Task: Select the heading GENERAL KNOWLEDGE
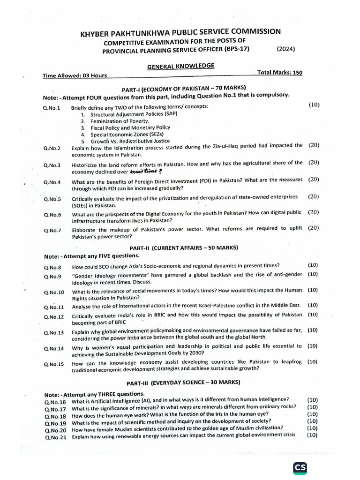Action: coord(181,67)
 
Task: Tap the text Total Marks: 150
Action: coord(280,73)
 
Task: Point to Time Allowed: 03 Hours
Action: coord(75,75)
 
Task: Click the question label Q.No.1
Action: coord(52,108)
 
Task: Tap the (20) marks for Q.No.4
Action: coord(314,180)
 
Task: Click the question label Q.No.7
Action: coord(52,230)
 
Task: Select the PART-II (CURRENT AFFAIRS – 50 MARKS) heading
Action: coord(184,247)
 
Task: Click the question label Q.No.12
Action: coord(53,316)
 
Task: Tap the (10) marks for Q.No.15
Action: coord(312,362)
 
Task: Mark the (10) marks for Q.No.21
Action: coord(312,435)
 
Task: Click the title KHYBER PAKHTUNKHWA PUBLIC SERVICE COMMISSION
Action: coord(181,32)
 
